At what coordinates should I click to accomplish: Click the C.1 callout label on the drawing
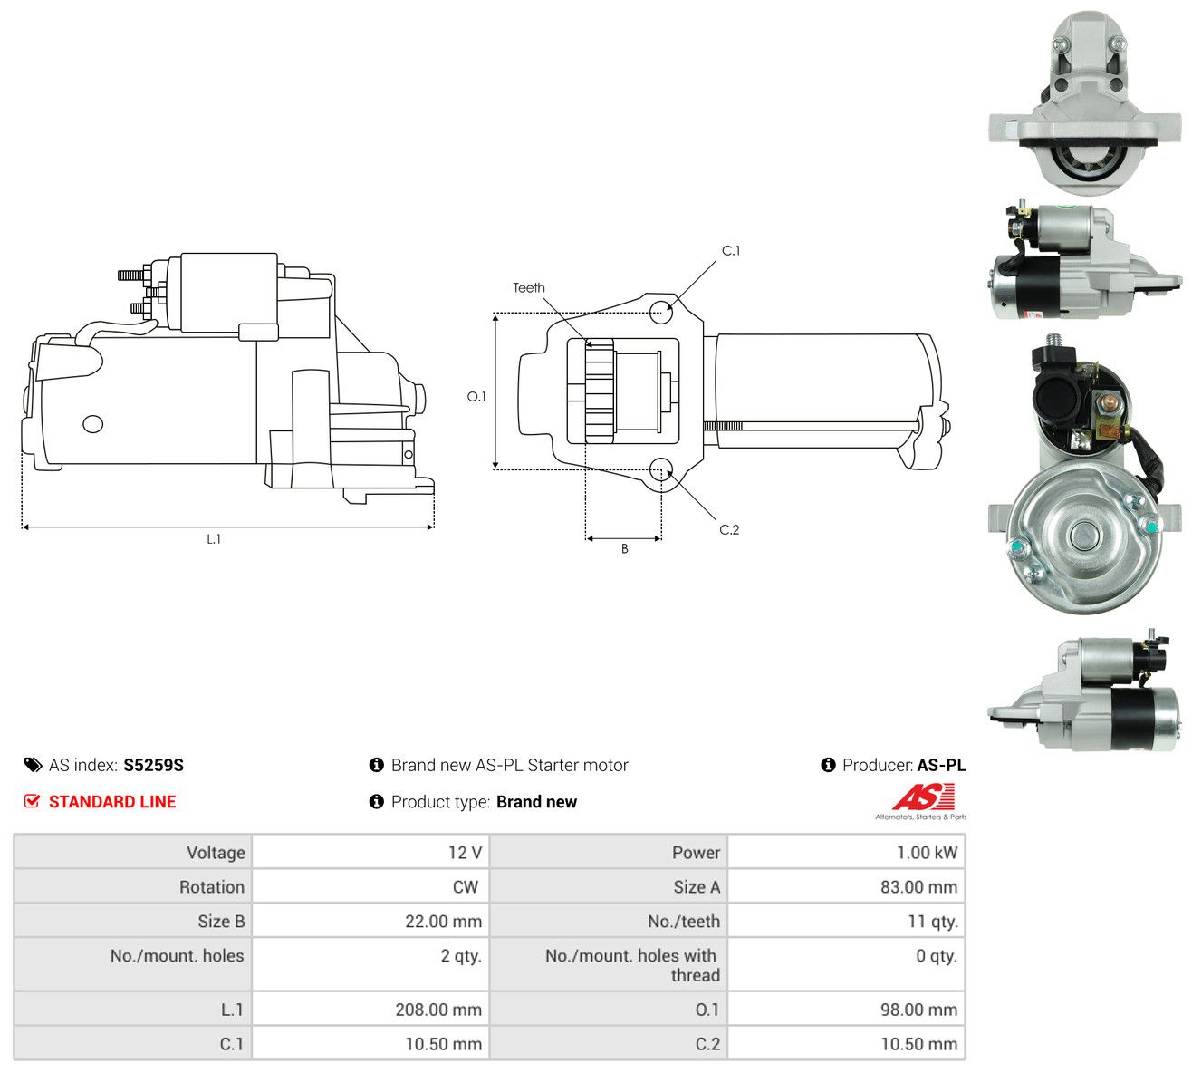730,251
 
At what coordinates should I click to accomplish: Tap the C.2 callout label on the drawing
729,529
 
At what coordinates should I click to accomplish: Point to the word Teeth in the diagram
528,288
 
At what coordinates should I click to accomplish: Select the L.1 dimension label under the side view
214,539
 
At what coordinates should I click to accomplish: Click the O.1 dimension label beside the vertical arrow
476,396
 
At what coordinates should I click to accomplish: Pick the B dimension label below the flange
624,549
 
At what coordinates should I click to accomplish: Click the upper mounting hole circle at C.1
661,312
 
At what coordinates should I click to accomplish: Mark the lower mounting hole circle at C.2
660,469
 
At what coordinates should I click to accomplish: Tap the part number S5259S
153,765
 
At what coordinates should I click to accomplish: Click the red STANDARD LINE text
112,802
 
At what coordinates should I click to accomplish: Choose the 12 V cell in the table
465,853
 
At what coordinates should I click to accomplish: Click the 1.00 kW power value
927,853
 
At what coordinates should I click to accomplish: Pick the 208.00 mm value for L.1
438,1010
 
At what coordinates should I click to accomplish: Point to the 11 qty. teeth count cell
933,922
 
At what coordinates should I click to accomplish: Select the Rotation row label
212,887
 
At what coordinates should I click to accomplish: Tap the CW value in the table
466,887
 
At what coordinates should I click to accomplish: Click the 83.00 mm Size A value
918,887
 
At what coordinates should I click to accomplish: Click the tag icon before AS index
33,765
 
